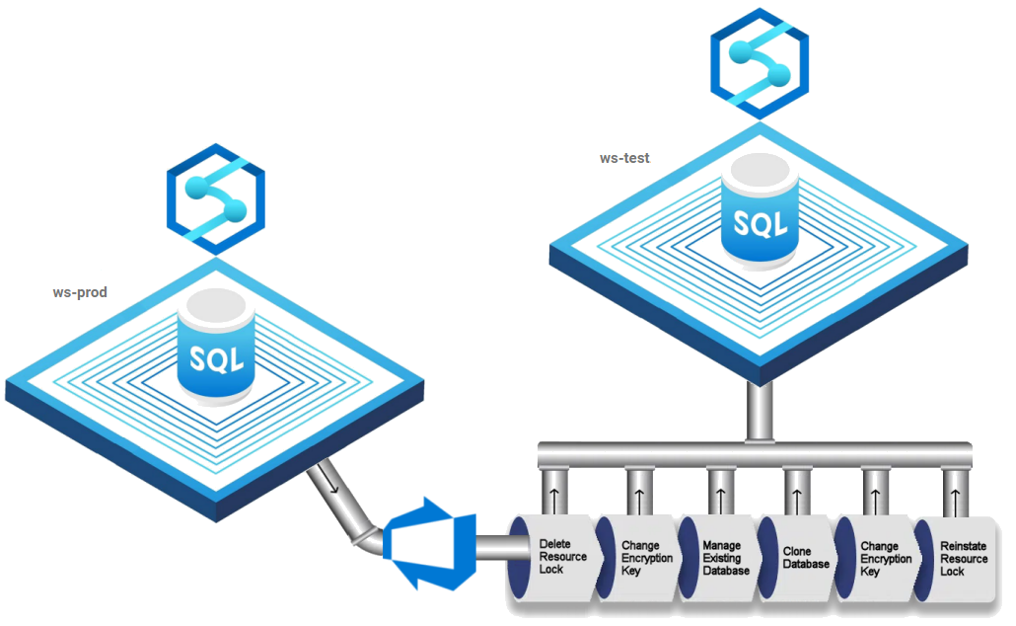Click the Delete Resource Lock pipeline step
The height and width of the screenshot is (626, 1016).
pyautogui.click(x=561, y=558)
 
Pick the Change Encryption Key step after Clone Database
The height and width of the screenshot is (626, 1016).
pyautogui.click(x=878, y=558)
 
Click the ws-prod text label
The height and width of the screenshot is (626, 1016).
pyautogui.click(x=79, y=293)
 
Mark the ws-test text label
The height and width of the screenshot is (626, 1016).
pyautogui.click(x=624, y=158)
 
